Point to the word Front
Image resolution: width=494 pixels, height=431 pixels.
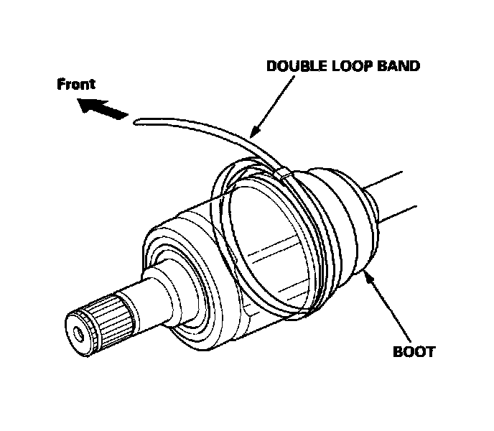[x=76, y=85]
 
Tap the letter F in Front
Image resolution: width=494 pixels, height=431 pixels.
[x=61, y=85]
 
